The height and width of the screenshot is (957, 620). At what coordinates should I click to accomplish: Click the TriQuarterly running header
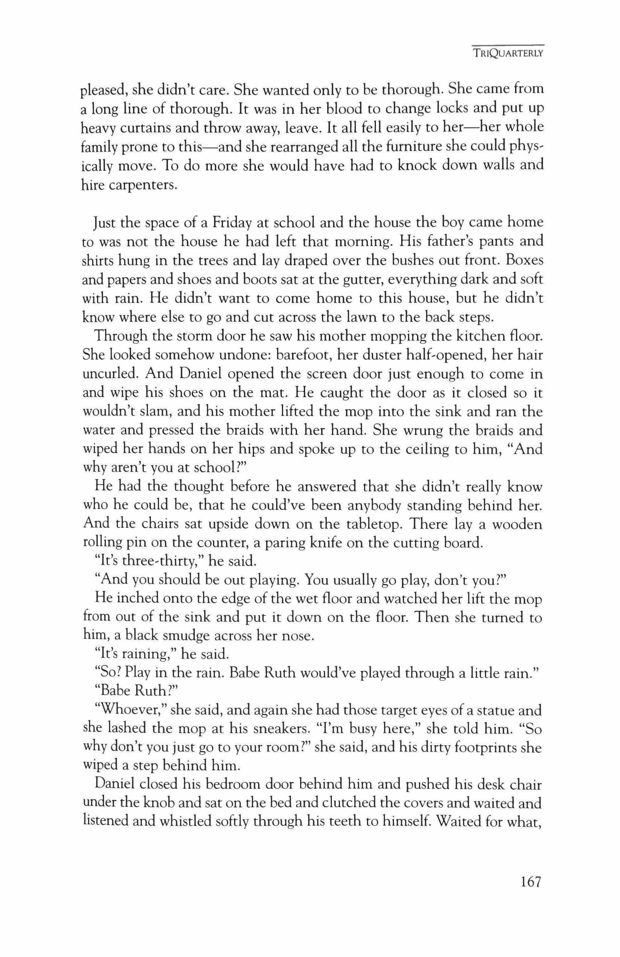(508, 53)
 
